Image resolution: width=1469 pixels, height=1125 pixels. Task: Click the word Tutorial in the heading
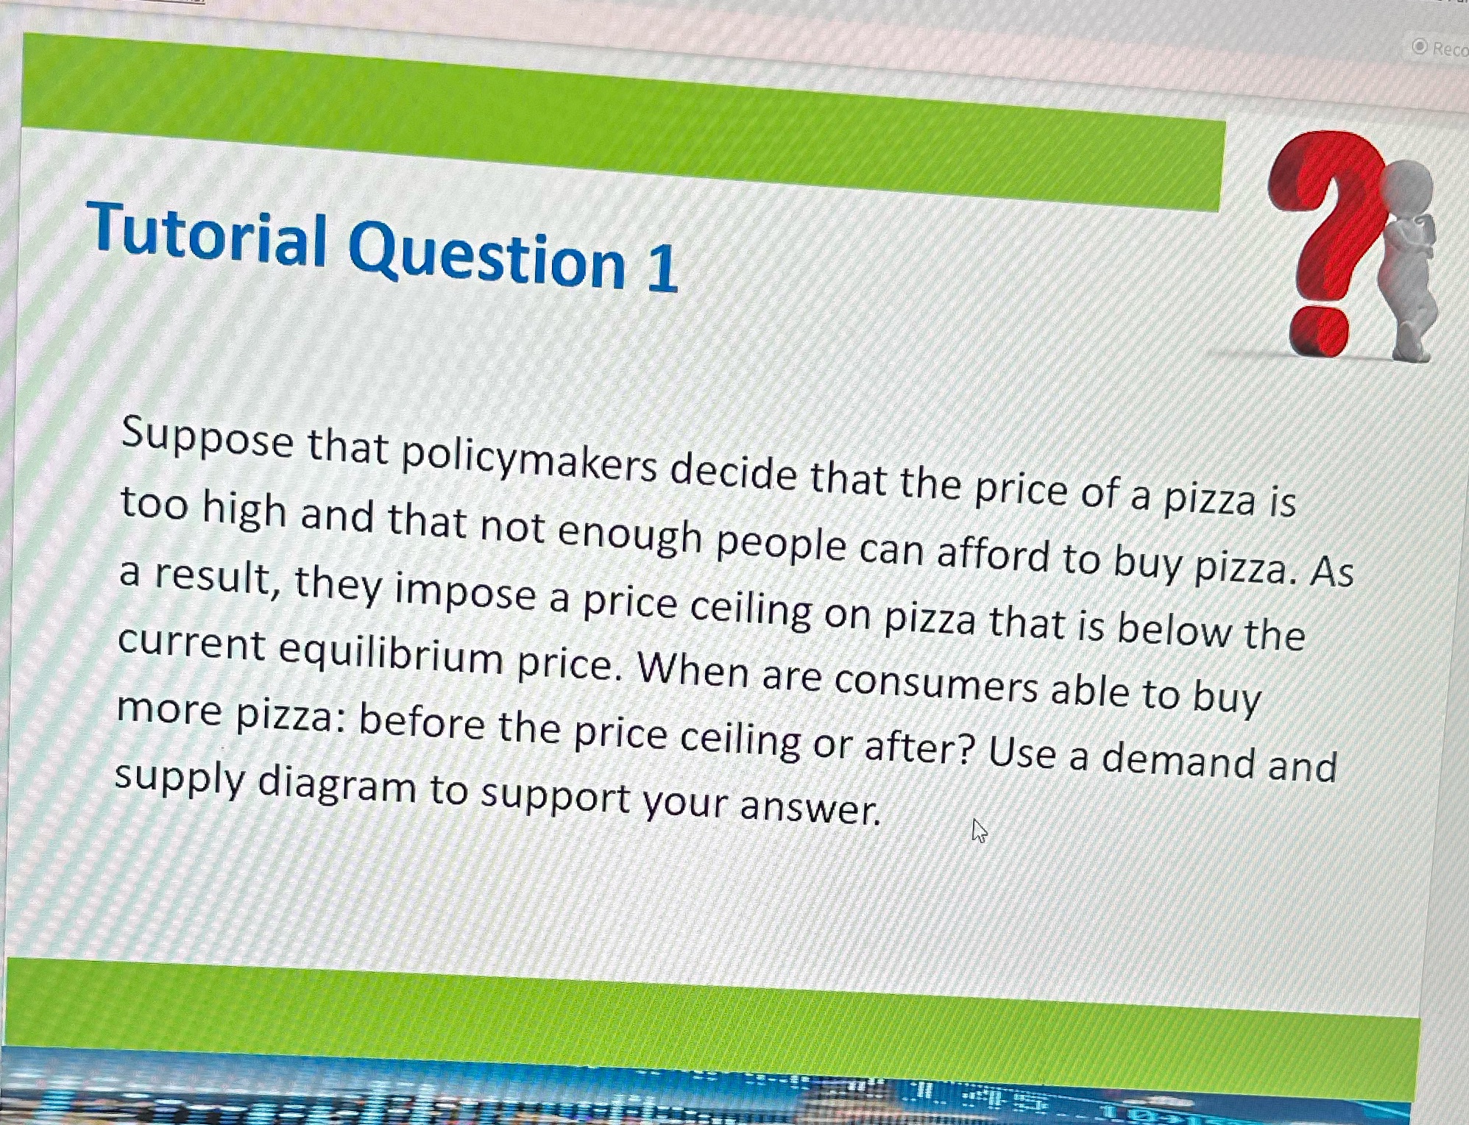click(x=207, y=234)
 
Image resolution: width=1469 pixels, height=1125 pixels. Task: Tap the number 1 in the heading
click(x=662, y=269)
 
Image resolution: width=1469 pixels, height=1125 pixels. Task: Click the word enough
click(x=629, y=536)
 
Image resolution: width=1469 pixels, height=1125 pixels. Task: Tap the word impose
click(x=465, y=592)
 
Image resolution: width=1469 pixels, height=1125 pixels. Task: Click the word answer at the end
click(x=810, y=807)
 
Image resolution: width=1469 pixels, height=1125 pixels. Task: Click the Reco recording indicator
click(x=1440, y=49)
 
